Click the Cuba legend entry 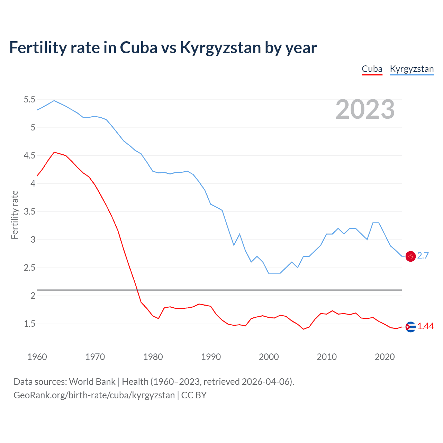(372, 69)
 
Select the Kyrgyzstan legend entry (412, 69)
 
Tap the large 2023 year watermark (365, 109)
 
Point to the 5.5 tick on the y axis (29, 100)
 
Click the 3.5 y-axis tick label (29, 211)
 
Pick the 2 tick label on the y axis (33, 296)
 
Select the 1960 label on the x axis (37, 357)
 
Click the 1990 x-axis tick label (211, 357)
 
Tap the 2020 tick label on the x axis (385, 357)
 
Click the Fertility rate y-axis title (15, 215)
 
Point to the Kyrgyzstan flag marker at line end (410, 256)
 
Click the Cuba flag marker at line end (410, 327)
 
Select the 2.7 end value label (423, 255)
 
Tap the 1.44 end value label (425, 326)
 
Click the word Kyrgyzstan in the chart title (220, 48)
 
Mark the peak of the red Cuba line (54, 152)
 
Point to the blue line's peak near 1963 (54, 100)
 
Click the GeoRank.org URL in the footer (94, 395)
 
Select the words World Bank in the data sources (92, 381)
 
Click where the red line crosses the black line (137, 290)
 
